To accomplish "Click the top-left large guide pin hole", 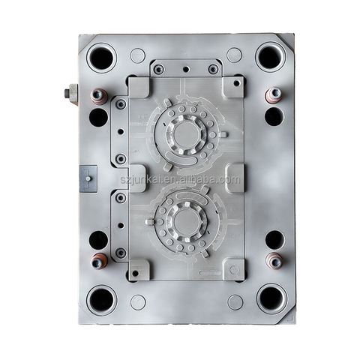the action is [101, 58].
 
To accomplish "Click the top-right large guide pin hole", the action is [271, 57].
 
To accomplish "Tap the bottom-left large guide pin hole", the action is [101, 300].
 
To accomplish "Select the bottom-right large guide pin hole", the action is [271, 298].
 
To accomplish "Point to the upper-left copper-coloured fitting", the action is [98, 96].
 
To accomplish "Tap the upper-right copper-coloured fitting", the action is [274, 95].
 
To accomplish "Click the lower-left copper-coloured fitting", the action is [99, 261].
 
